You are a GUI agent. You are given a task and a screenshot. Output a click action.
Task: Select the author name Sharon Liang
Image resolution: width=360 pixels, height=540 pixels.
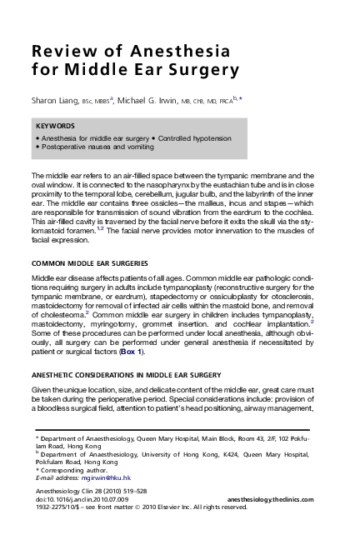[55, 100]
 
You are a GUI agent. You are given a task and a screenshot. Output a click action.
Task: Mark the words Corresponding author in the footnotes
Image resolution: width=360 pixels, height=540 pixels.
[67, 470]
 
